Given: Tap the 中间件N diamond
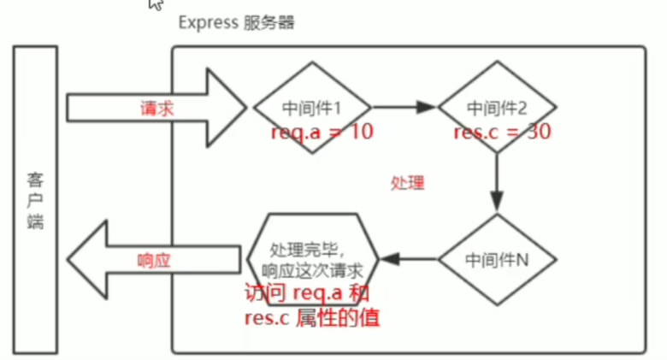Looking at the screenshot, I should [497, 257].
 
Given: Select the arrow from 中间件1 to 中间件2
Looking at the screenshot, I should [404, 108].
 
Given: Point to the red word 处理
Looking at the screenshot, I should [407, 183].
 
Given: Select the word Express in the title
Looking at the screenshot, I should [206, 22].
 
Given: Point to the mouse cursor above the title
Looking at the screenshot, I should [155, 3].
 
